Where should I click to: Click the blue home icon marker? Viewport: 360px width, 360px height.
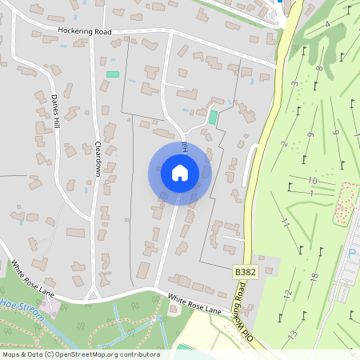tap(180, 172)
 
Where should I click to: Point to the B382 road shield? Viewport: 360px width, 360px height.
tap(246, 273)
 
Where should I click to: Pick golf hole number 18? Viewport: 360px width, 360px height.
tap(314, 276)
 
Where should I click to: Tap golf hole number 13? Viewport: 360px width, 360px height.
tap(293, 333)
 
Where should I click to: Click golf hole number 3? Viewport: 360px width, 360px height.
tap(294, 84)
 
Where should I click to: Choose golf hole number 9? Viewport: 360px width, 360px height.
tap(310, 134)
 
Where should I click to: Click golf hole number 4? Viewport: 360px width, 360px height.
tap(327, 25)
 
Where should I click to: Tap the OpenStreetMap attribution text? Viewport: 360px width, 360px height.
tap(80, 354)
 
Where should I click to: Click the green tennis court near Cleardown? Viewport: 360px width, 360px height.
tap(112, 74)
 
